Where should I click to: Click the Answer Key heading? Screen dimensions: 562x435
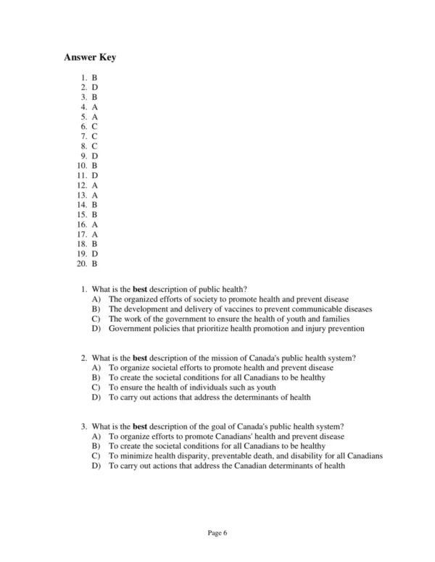pyautogui.click(x=90, y=57)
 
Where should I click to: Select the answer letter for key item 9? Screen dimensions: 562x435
pyautogui.click(x=95, y=156)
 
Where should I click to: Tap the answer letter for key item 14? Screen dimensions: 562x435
pyautogui.click(x=95, y=205)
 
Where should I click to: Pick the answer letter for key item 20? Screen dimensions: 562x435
pyautogui.click(x=95, y=264)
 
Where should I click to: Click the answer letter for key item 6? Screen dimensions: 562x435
pyautogui.click(x=95, y=126)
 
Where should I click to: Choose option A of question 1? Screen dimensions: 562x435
pyautogui.click(x=228, y=299)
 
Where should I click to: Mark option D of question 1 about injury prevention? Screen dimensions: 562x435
pyautogui.click(x=236, y=329)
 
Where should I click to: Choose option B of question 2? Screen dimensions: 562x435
pyautogui.click(x=217, y=378)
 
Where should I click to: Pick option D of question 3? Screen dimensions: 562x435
pyautogui.click(x=226, y=466)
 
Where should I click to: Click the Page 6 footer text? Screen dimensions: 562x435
pyautogui.click(x=217, y=533)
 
